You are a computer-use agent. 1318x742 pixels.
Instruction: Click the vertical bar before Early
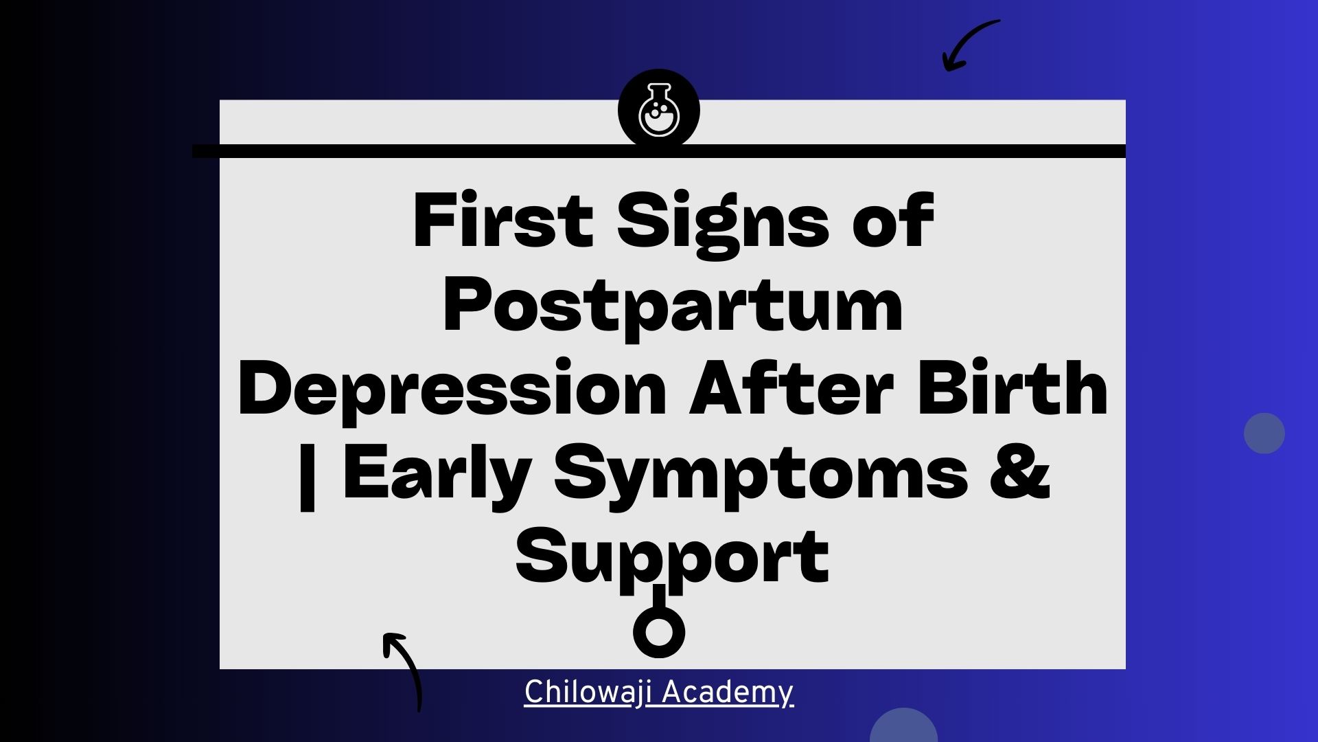[308, 475]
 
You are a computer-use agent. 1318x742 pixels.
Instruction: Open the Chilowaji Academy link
[659, 693]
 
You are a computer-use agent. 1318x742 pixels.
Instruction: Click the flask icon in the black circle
[659, 110]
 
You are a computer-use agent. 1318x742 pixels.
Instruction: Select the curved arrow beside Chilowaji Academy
[404, 669]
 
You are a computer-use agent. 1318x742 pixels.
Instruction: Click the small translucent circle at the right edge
[1264, 433]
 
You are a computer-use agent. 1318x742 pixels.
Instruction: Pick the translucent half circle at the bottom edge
[903, 727]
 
